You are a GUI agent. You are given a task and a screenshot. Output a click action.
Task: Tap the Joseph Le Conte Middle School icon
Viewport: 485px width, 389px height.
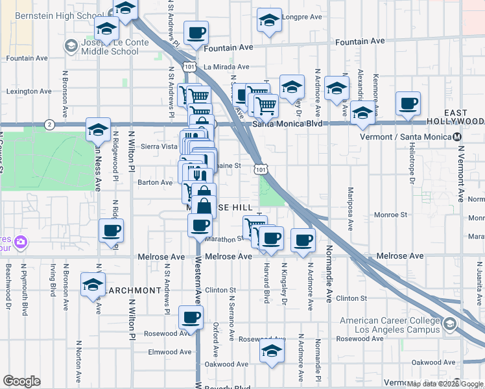71,45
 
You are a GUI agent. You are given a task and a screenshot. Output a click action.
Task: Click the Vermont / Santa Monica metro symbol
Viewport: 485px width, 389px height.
458,137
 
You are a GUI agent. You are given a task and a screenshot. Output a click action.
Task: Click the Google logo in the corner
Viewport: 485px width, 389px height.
22,381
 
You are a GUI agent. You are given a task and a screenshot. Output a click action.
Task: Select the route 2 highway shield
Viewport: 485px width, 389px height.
49,124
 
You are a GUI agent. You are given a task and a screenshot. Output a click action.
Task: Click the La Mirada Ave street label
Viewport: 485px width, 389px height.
226,67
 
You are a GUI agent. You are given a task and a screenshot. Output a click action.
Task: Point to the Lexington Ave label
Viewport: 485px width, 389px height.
29,91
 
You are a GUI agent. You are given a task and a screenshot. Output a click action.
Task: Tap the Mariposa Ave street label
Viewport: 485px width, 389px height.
351,211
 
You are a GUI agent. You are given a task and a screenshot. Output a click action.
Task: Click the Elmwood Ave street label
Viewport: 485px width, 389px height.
170,352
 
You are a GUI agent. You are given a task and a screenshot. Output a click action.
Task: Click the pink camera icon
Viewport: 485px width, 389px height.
21,242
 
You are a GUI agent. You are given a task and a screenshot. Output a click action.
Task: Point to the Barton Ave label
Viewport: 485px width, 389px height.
155,183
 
